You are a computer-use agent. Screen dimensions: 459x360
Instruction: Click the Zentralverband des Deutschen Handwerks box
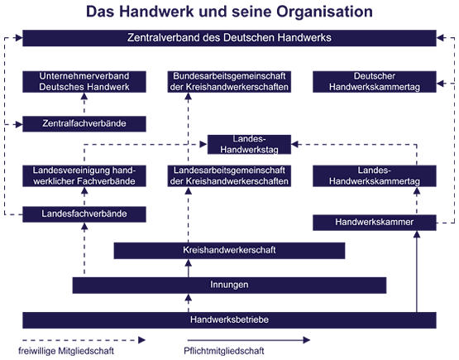click(229, 38)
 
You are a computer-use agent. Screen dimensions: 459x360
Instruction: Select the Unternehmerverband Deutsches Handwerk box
click(84, 82)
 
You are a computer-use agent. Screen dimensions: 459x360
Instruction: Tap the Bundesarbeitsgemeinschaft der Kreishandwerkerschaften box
click(229, 82)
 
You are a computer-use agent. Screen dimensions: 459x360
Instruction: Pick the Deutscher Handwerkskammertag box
click(375, 82)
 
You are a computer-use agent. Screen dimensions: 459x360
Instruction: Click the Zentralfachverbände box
click(84, 124)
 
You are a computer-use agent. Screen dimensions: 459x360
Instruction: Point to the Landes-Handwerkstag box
click(249, 144)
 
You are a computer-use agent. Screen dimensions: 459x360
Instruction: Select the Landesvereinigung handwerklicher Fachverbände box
click(84, 175)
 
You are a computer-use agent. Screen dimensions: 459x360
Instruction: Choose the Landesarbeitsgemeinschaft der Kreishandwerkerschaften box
click(229, 175)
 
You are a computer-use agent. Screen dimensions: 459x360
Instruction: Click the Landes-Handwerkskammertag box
click(375, 175)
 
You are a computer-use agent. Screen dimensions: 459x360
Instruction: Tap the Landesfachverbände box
click(84, 214)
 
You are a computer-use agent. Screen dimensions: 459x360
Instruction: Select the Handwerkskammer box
click(375, 223)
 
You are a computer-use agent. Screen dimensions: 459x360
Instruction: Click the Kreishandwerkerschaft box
click(229, 251)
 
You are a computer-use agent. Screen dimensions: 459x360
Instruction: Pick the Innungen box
click(229, 286)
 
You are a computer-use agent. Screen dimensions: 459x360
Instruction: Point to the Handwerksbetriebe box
click(229, 320)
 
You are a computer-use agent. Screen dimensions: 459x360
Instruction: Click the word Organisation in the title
click(324, 12)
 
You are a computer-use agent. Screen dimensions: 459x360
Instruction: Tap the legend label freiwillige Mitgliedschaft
click(66, 351)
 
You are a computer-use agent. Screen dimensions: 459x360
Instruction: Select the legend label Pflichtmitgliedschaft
click(224, 351)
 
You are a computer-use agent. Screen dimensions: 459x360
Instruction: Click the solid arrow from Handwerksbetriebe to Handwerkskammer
click(417, 271)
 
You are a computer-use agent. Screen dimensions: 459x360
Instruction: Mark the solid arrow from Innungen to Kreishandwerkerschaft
click(189, 268)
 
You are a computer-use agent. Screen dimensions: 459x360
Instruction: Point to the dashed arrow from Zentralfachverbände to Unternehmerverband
click(84, 104)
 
